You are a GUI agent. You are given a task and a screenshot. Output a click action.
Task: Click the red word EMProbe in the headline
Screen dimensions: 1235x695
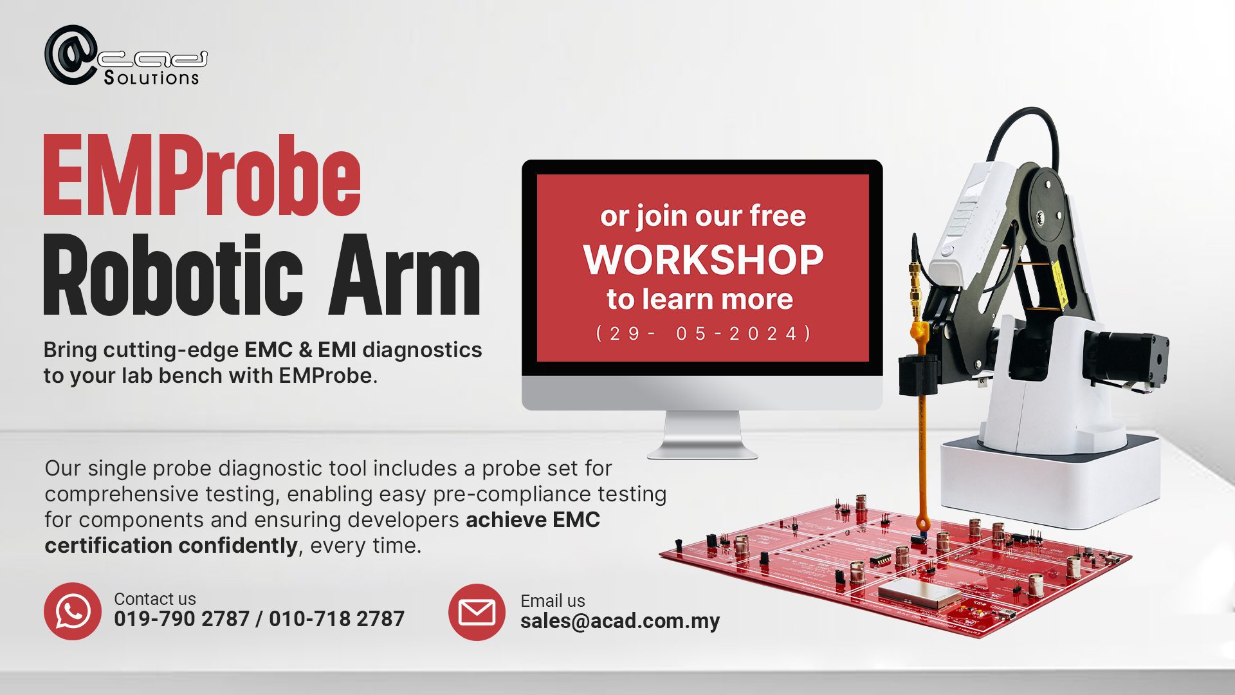(x=202, y=175)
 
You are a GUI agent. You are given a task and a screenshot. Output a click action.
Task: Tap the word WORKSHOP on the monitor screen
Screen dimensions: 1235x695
(x=703, y=259)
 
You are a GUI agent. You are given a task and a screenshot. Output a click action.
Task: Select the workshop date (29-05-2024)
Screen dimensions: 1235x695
(x=704, y=333)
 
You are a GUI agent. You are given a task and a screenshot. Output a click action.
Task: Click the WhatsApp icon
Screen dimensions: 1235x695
(x=73, y=611)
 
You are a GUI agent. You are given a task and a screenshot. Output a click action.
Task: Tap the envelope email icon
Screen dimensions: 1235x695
(x=477, y=612)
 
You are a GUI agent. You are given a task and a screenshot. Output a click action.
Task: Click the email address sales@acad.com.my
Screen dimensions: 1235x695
(x=620, y=621)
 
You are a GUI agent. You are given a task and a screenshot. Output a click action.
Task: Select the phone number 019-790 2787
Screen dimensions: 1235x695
(x=181, y=619)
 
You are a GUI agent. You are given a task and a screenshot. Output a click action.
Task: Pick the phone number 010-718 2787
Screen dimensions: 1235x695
(x=336, y=619)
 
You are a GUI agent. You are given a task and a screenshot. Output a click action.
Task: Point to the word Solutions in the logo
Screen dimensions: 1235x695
(x=151, y=78)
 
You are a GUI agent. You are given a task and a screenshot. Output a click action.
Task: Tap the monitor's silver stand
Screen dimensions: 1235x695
(x=702, y=435)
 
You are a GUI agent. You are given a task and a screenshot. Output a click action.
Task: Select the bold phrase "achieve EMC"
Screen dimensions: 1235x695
(x=533, y=520)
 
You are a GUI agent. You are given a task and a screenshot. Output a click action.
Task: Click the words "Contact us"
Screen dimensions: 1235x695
(x=155, y=598)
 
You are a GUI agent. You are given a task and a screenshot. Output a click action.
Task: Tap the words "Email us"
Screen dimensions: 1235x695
(x=553, y=601)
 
